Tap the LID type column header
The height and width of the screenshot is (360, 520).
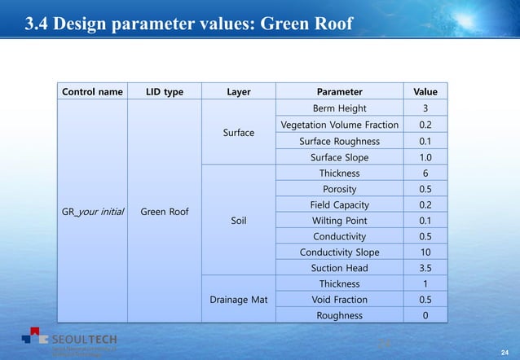pyautogui.click(x=165, y=92)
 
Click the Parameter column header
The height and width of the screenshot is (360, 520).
pyautogui.click(x=339, y=92)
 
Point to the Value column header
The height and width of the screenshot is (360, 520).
pyautogui.click(x=425, y=92)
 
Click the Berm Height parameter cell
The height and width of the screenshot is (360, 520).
pyautogui.click(x=339, y=108)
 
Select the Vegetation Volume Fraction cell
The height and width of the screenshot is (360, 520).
pyautogui.click(x=339, y=125)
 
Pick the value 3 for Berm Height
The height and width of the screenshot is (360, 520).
pyautogui.click(x=425, y=108)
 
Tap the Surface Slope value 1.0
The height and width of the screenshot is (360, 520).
pyautogui.click(x=425, y=157)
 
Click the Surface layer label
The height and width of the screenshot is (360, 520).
pyautogui.click(x=238, y=133)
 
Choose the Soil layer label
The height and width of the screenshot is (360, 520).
pyautogui.click(x=238, y=220)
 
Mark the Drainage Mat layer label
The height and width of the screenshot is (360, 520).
pyautogui.click(x=238, y=300)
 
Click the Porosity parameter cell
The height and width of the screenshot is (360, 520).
pyautogui.click(x=339, y=189)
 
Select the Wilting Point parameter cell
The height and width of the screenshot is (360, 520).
pyautogui.click(x=339, y=220)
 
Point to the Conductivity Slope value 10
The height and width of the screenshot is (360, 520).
pyautogui.click(x=425, y=252)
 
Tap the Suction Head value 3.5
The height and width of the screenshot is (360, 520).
pyautogui.click(x=425, y=268)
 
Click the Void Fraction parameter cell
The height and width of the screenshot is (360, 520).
pyautogui.click(x=339, y=300)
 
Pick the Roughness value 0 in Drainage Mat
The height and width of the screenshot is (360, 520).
pyautogui.click(x=425, y=315)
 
